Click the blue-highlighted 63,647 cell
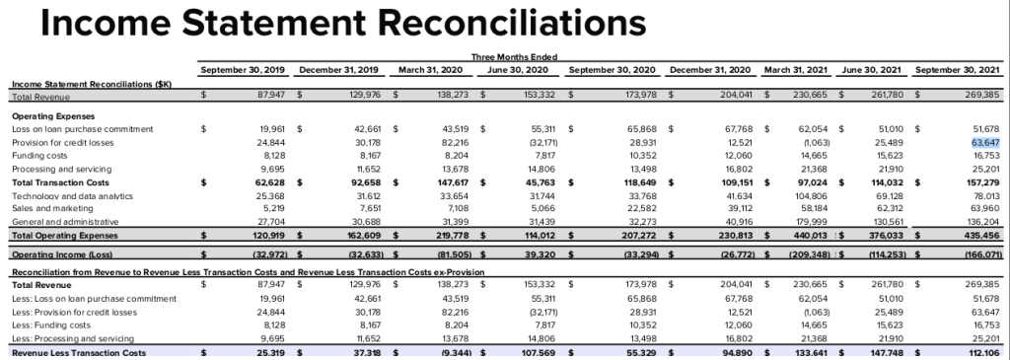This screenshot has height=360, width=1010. pos(973,142)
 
